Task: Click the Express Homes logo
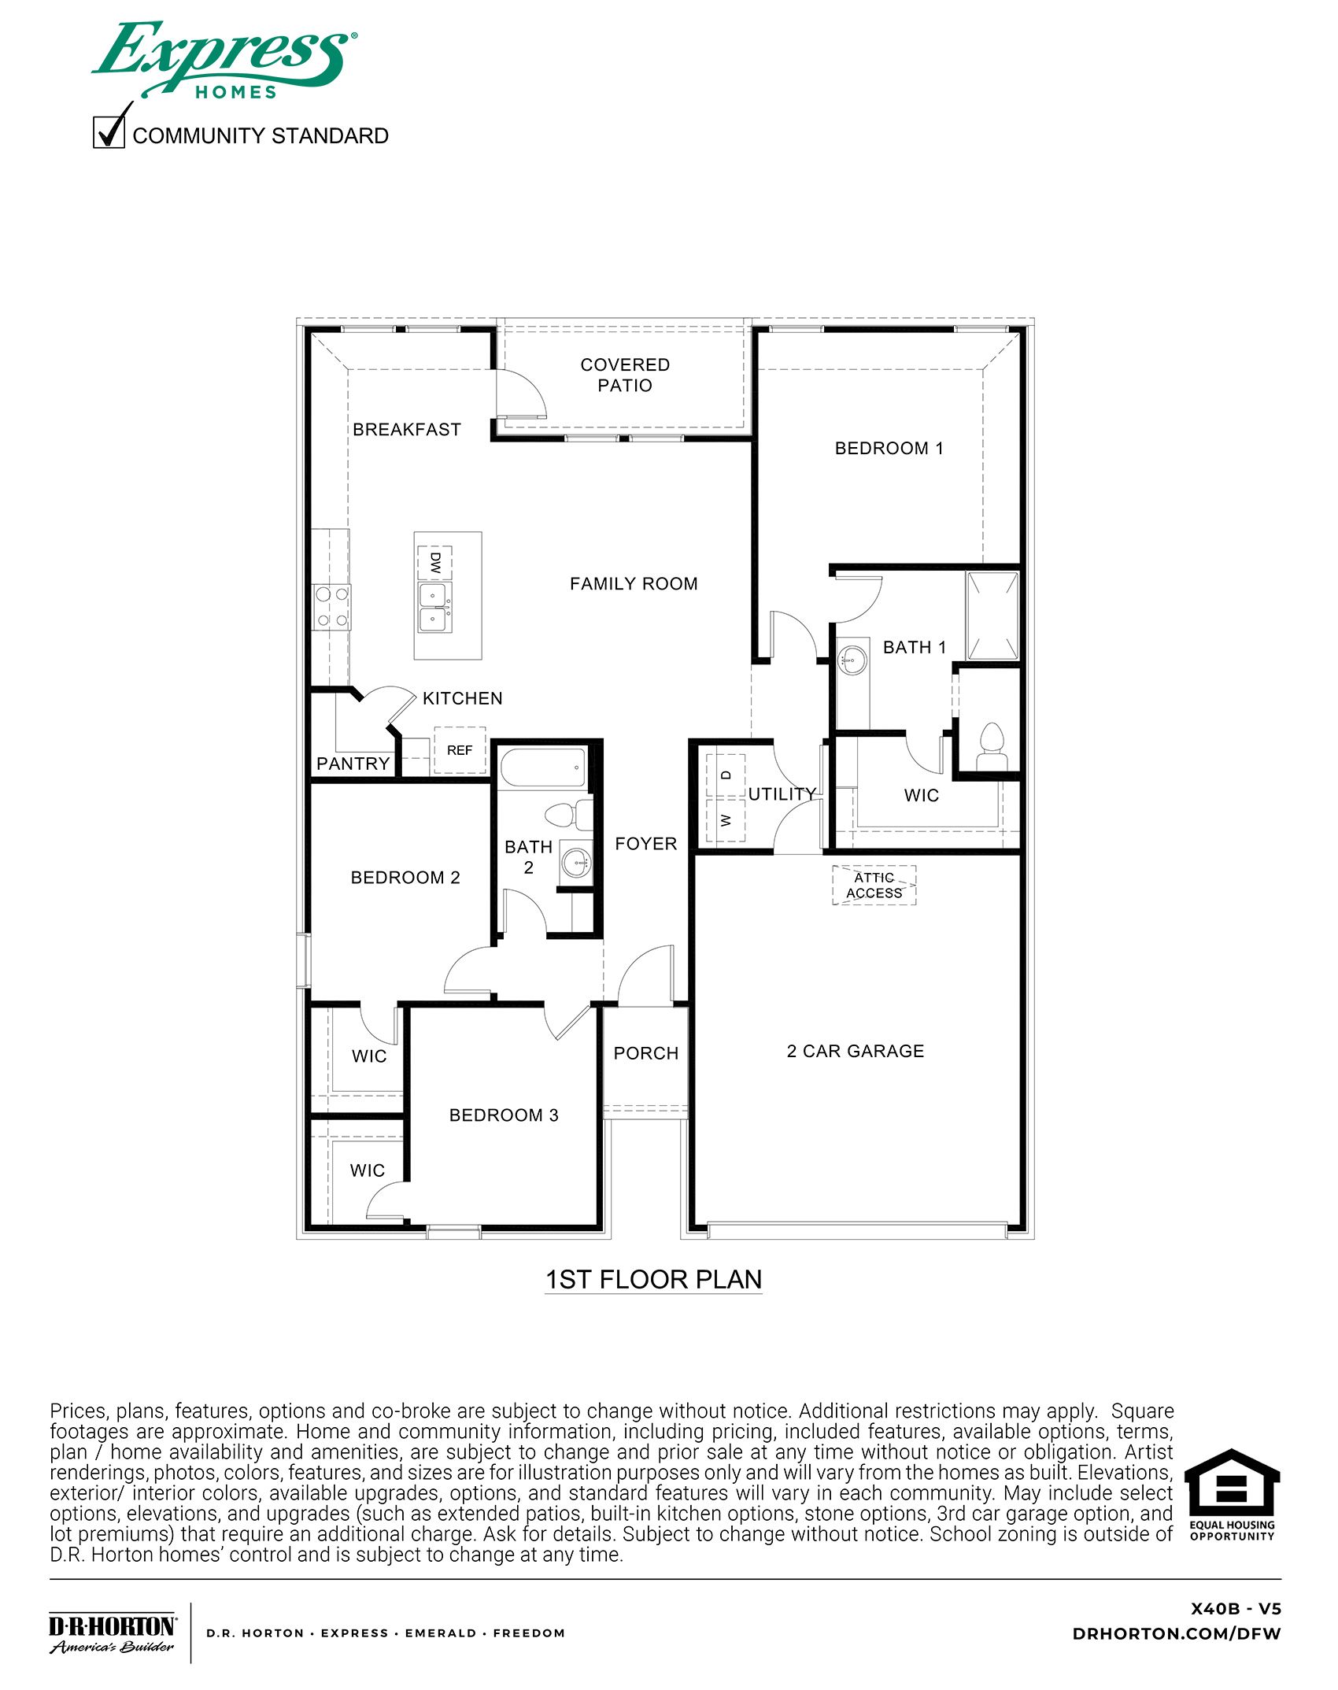tap(224, 60)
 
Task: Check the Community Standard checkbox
tap(109, 132)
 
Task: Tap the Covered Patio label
tap(625, 375)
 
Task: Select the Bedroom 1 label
tap(889, 449)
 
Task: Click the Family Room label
tap(634, 584)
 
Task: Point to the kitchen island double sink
tap(434, 607)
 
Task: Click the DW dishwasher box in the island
tap(434, 562)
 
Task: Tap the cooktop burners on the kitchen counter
tap(331, 607)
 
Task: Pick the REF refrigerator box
tap(460, 750)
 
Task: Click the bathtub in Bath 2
tap(544, 767)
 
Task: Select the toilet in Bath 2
tap(568, 815)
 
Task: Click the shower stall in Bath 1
tap(992, 616)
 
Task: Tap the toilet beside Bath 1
tap(992, 746)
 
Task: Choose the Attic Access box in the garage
tap(874, 886)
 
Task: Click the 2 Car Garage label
tap(856, 1052)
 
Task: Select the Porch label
tap(645, 1053)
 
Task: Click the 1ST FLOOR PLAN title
tap(653, 1279)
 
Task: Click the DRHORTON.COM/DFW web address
tap(1176, 1634)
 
